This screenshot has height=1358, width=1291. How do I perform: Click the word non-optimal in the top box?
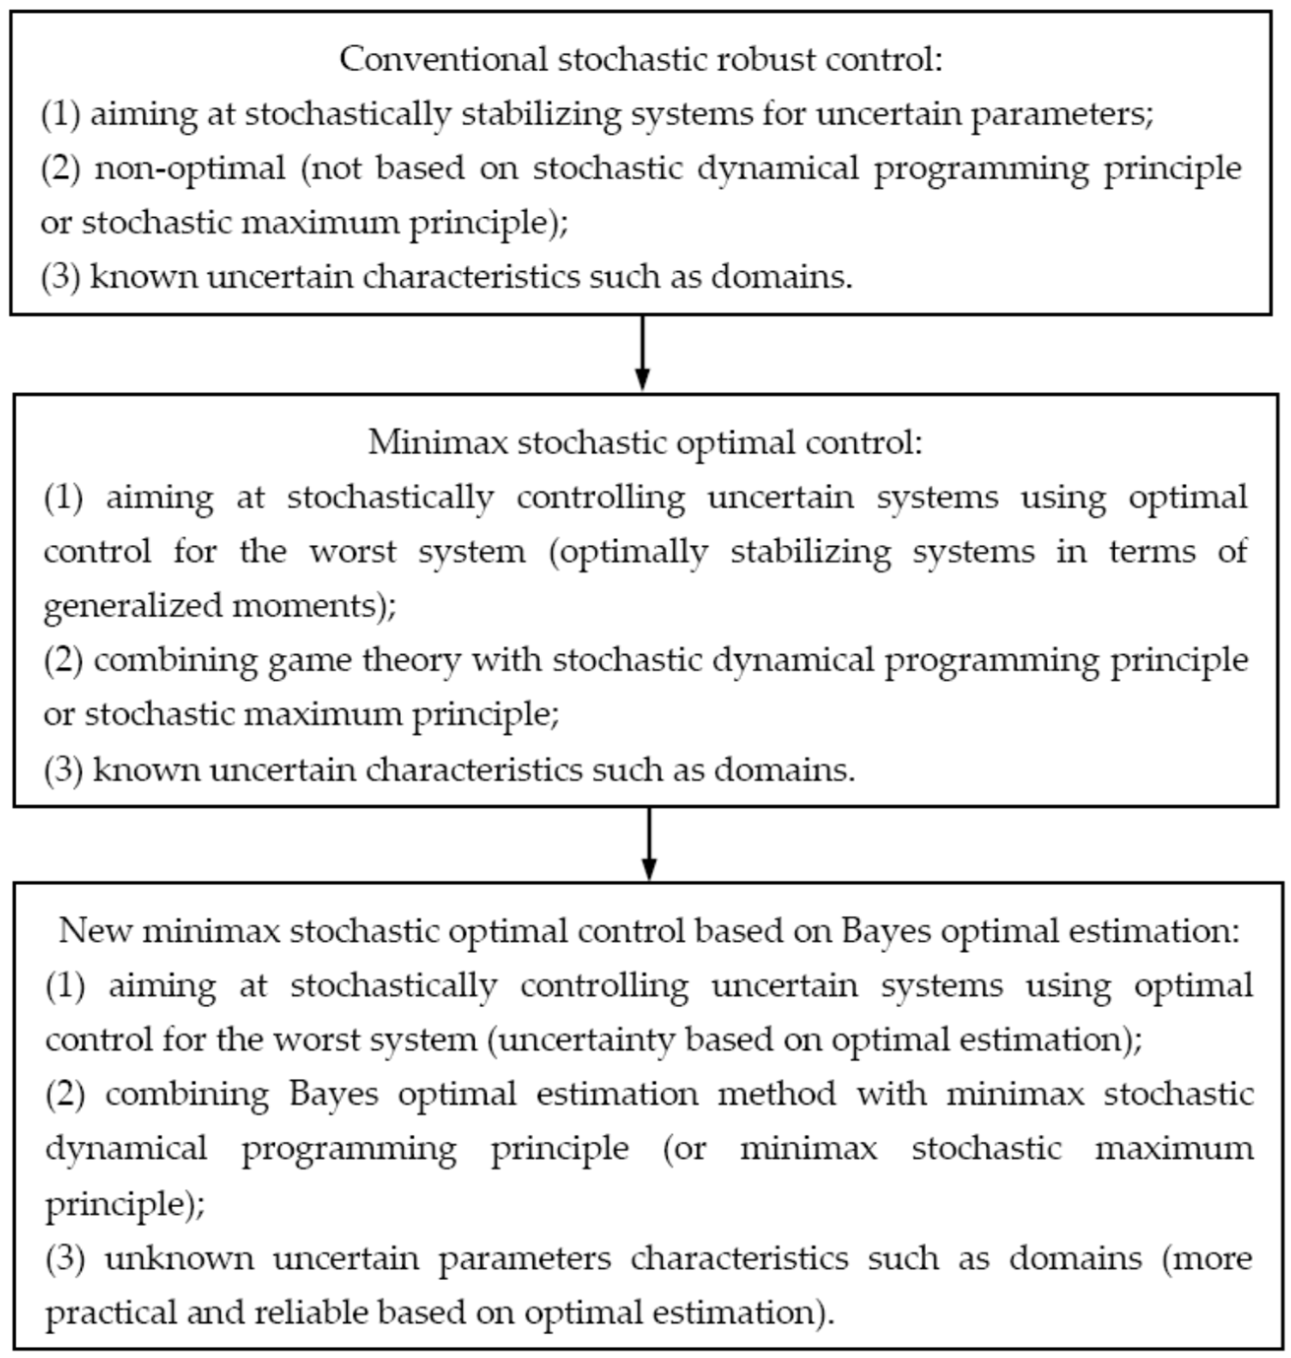[x=190, y=168]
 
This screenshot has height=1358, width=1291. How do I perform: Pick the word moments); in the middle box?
[x=315, y=606]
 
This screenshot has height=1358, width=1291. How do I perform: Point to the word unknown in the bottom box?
[x=178, y=1258]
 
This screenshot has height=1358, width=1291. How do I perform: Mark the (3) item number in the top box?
[x=61, y=277]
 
